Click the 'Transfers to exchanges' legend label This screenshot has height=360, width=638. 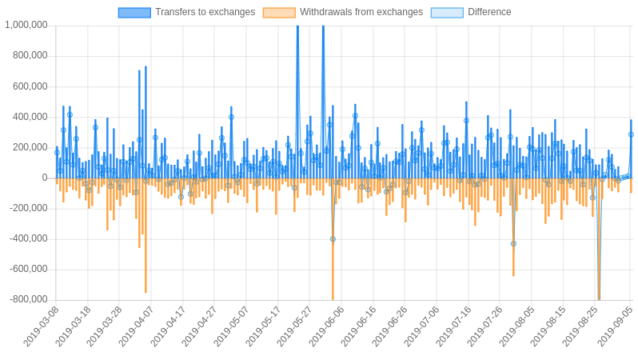click(205, 12)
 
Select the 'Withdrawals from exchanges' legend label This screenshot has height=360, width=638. click(361, 12)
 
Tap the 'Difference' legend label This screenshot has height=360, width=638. click(489, 12)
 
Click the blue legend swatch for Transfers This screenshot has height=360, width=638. click(134, 12)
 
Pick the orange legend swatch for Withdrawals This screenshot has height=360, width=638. click(279, 12)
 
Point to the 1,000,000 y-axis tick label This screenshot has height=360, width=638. click(26, 25)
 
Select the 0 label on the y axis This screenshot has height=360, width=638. click(45, 178)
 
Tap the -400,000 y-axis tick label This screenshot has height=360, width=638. click(30, 238)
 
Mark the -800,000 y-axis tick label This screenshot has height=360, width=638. click(30, 299)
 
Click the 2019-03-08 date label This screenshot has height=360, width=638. click(42, 326)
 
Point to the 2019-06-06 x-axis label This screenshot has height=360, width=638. click(326, 326)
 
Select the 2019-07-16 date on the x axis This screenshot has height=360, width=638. click(453, 326)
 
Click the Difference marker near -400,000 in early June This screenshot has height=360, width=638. click(333, 238)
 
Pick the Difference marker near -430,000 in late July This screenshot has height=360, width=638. click(513, 243)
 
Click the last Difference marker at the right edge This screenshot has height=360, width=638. click(631, 134)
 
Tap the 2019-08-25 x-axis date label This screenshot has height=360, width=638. click(580, 326)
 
